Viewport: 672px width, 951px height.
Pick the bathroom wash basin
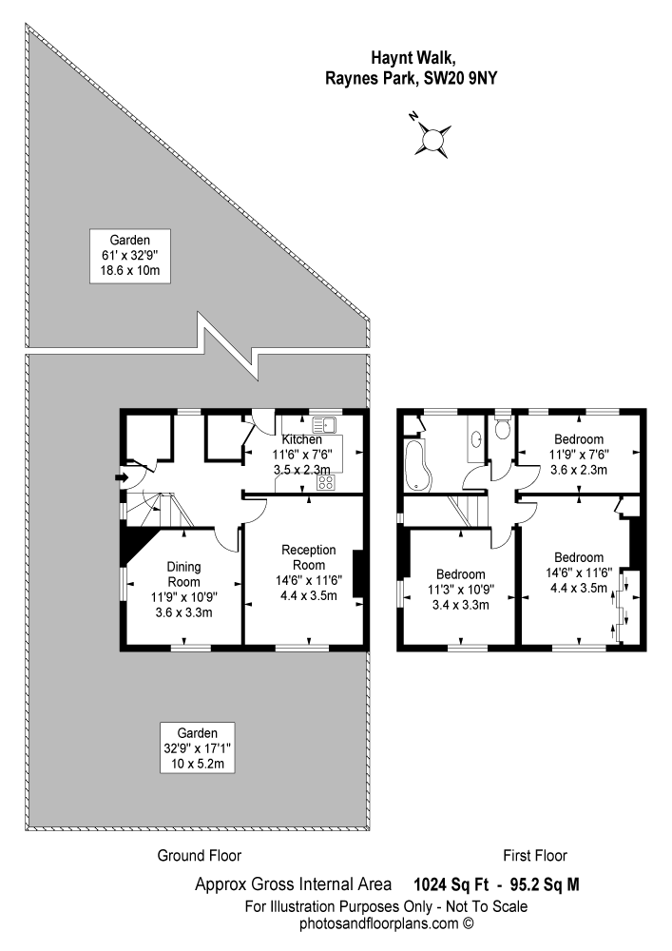click(476, 437)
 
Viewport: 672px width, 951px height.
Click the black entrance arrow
click(122, 478)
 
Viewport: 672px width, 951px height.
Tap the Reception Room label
click(309, 557)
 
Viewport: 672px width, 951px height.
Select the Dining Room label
click(183, 573)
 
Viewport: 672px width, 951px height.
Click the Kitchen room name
click(301, 439)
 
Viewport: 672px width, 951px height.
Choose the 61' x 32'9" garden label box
click(129, 256)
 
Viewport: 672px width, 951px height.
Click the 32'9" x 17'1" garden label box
click(198, 747)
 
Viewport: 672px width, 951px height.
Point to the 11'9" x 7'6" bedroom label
click(579, 455)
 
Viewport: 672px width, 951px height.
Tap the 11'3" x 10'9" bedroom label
click(461, 590)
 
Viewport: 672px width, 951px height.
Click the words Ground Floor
click(200, 856)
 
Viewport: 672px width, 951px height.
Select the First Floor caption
click(535, 856)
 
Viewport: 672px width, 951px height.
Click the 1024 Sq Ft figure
click(451, 884)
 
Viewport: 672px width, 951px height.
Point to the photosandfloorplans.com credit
click(387, 923)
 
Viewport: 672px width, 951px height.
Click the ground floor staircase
click(159, 510)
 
